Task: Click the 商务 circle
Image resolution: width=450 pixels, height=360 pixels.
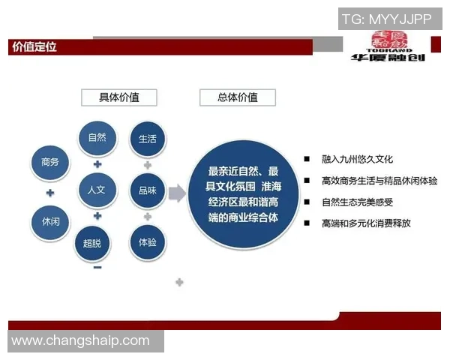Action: point(50,162)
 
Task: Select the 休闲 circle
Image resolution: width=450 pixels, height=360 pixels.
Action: point(50,223)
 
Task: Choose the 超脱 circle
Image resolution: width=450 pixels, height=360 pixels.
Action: point(97,243)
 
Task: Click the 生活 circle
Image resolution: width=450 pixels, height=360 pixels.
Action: point(148,139)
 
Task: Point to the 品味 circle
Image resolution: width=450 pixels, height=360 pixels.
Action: point(148,190)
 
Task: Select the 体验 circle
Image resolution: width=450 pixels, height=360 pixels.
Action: point(148,243)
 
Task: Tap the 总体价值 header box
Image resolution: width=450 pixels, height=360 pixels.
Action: point(237,97)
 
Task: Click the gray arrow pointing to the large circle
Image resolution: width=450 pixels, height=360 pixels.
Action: point(177,193)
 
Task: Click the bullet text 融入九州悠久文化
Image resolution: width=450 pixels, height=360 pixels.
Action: point(357,160)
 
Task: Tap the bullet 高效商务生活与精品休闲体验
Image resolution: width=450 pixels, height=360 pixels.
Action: point(379,181)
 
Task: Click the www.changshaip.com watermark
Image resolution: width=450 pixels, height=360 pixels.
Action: point(81,340)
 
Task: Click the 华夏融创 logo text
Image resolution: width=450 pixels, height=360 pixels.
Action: point(388,56)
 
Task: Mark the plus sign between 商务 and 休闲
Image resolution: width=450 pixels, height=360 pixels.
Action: point(50,193)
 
